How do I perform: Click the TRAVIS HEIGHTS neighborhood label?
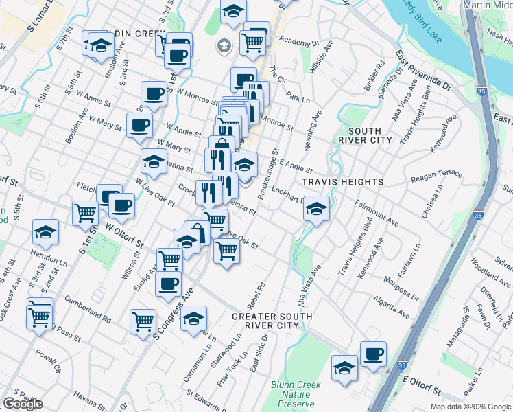pos(343,182)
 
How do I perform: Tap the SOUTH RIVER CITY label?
pos(370,135)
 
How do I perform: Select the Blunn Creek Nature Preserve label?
pos(296,395)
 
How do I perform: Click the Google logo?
pos(23,404)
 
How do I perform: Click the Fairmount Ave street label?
pos(377,213)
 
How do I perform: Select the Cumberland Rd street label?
pos(88,310)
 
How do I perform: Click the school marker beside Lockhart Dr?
pos(315,207)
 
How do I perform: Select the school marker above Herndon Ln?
pos(45,232)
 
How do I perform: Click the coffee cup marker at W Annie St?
pos(139,125)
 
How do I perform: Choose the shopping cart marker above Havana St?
pos(143,319)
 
